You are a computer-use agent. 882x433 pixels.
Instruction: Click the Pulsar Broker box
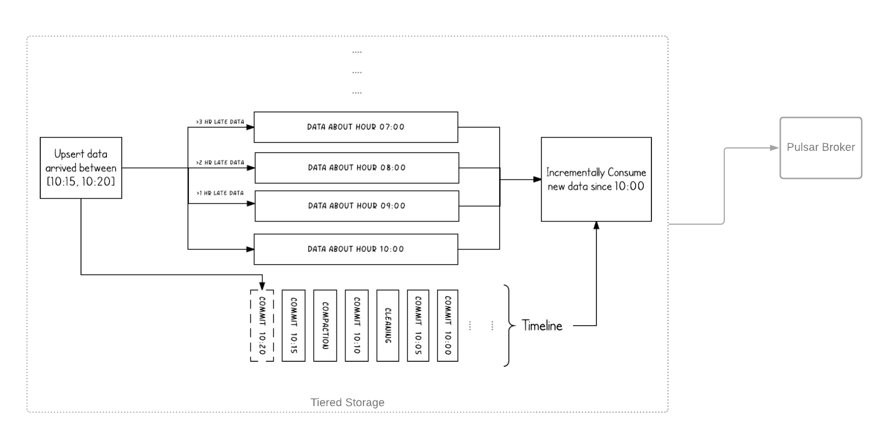pyautogui.click(x=820, y=148)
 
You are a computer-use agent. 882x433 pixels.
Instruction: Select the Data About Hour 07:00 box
pyautogui.click(x=356, y=127)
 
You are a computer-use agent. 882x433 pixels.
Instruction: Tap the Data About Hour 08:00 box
pyautogui.click(x=357, y=168)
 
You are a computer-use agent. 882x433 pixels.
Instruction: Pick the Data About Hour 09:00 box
pyautogui.click(x=357, y=206)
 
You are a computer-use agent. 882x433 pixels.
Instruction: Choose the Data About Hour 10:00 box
pyautogui.click(x=356, y=249)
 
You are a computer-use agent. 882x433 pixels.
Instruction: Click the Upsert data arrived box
pyautogui.click(x=81, y=168)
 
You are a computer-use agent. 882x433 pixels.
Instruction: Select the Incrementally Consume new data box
pyautogui.click(x=596, y=179)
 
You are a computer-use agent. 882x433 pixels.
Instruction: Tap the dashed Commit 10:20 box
pyautogui.click(x=262, y=326)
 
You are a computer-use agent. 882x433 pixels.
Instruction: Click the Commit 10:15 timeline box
pyautogui.click(x=294, y=326)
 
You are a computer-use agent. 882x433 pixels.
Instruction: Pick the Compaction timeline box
pyautogui.click(x=325, y=326)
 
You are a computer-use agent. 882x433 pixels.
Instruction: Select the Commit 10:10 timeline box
pyautogui.click(x=357, y=326)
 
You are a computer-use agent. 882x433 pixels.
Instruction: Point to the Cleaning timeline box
pyautogui.click(x=388, y=326)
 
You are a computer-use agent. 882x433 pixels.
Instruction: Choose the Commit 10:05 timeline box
pyautogui.click(x=418, y=326)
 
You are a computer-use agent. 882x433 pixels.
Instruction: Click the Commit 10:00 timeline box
pyautogui.click(x=448, y=326)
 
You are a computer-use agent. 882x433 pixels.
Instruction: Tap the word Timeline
pyautogui.click(x=542, y=326)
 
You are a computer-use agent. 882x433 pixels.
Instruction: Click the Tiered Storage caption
pyautogui.click(x=348, y=403)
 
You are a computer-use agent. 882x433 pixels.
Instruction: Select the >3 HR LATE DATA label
pyautogui.click(x=220, y=122)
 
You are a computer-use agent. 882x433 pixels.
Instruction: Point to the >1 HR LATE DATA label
pyautogui.click(x=220, y=193)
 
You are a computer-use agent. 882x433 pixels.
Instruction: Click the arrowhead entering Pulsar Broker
pyautogui.click(x=775, y=148)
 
